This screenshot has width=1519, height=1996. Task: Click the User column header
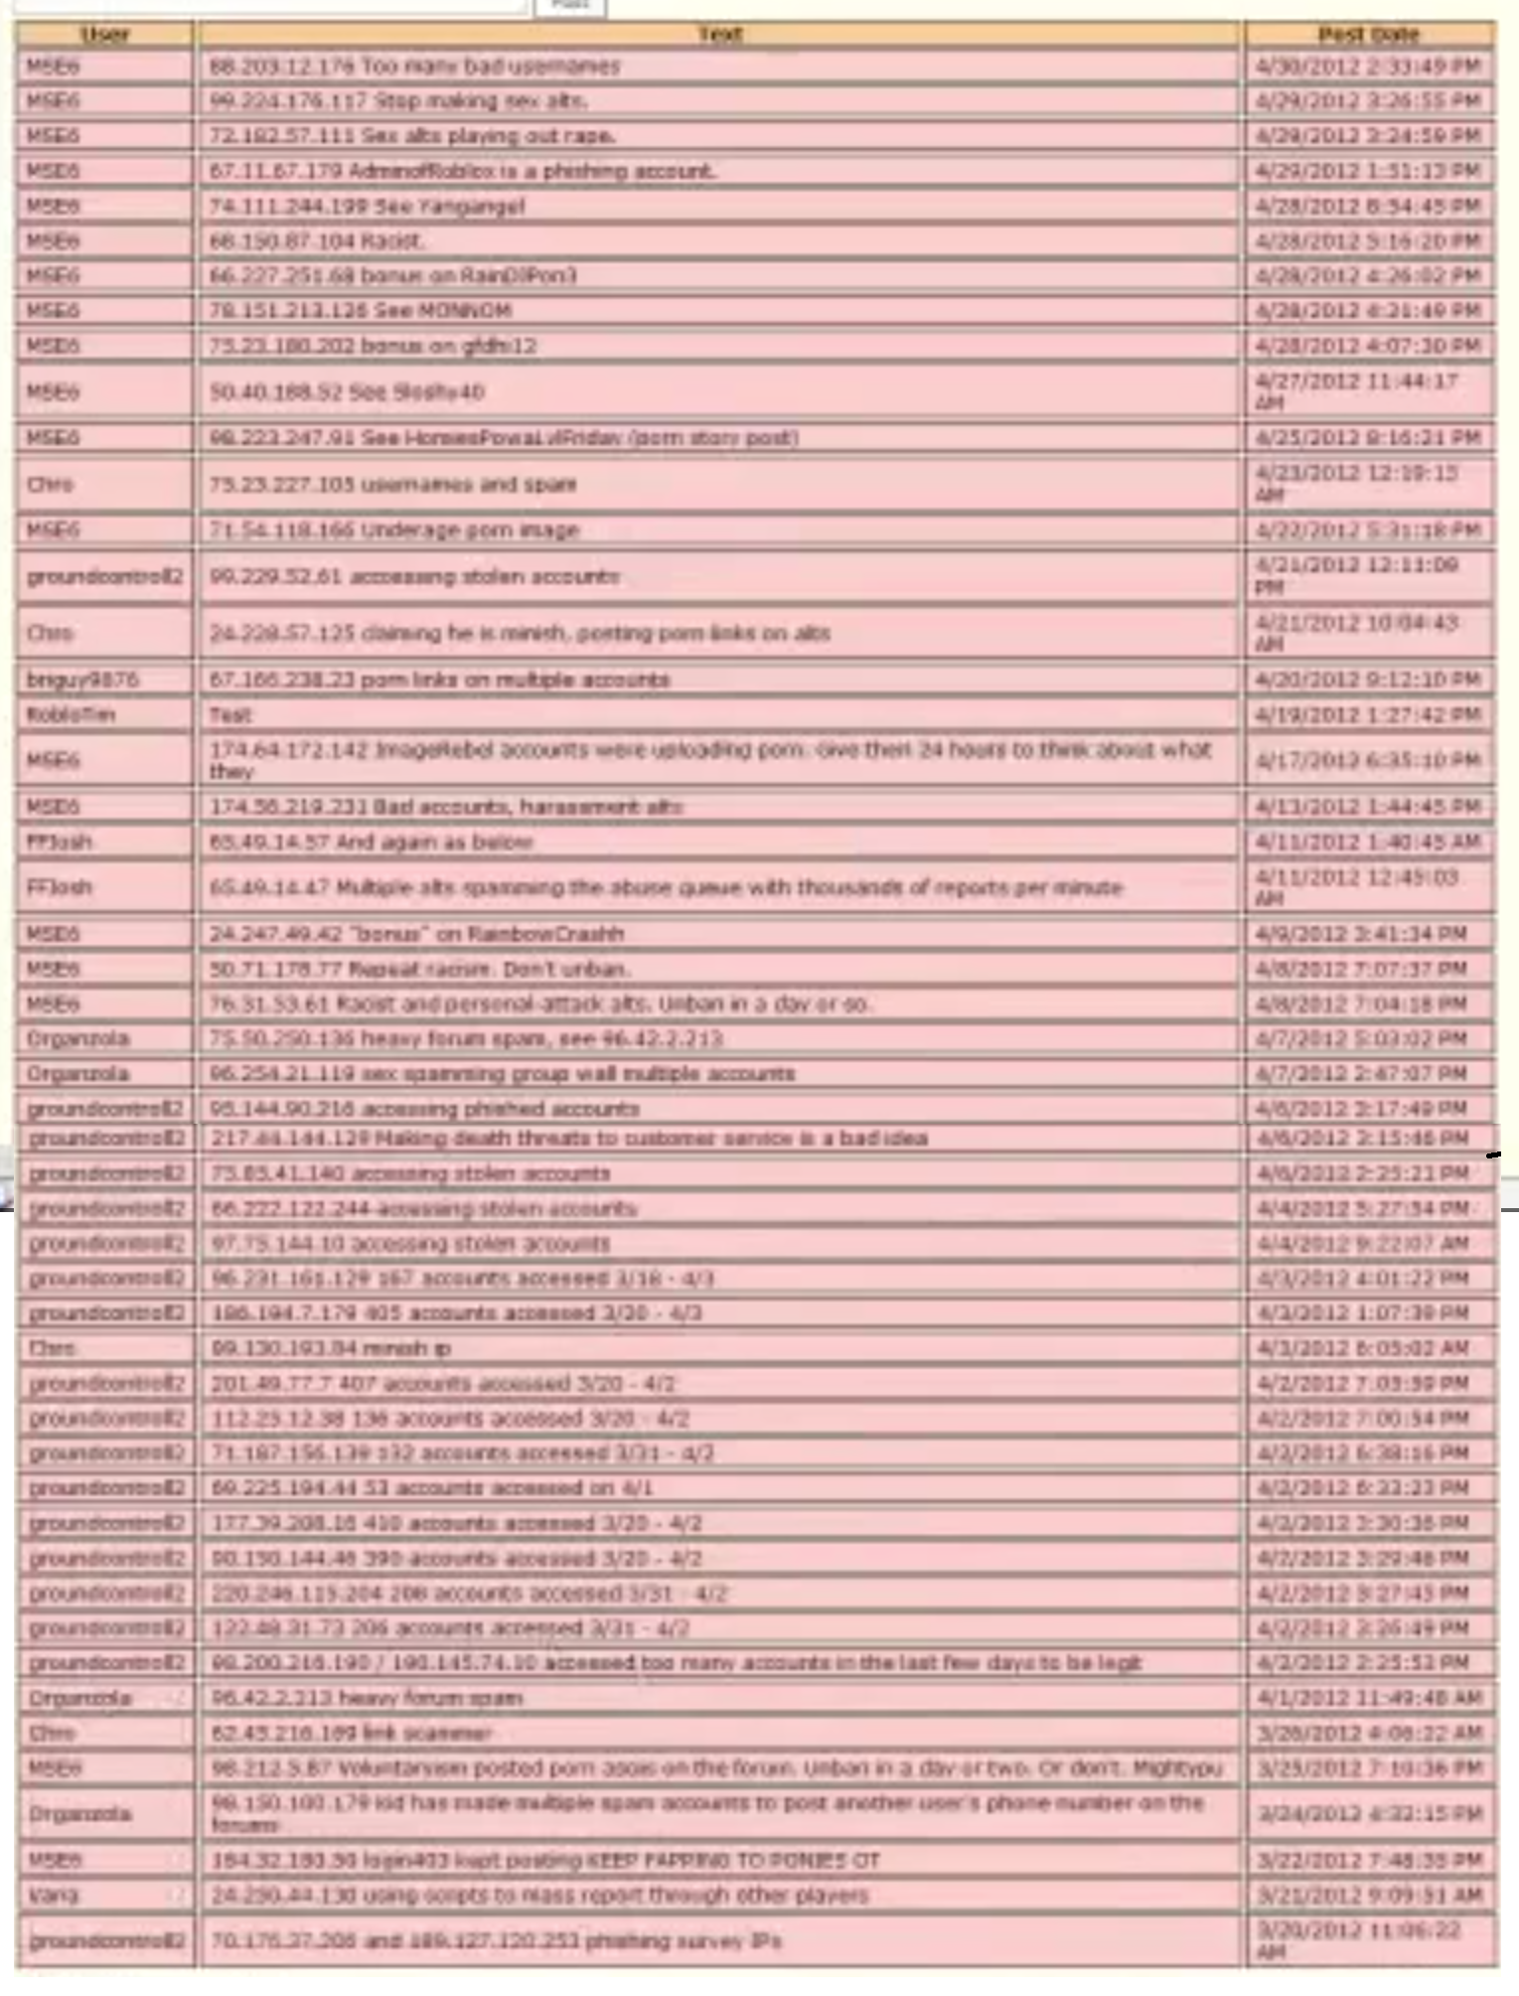click(x=104, y=35)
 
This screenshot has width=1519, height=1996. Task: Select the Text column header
click(x=719, y=35)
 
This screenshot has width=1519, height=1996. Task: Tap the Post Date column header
click(x=1368, y=35)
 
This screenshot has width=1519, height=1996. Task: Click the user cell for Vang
click(x=54, y=1896)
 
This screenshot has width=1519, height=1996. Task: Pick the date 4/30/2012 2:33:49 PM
click(x=1368, y=67)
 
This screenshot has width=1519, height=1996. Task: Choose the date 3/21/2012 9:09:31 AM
click(x=1368, y=1896)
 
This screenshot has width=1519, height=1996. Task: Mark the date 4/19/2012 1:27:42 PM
click(x=1368, y=715)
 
